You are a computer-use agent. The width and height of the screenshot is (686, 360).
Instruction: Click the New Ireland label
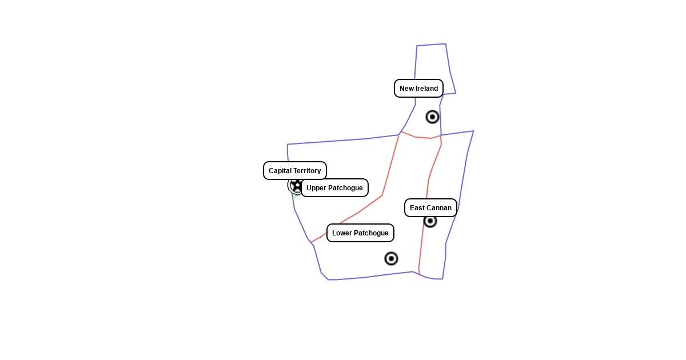(418, 89)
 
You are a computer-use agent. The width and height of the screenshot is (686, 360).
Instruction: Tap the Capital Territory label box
(294, 171)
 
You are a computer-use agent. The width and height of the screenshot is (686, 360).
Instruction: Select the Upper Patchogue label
(334, 188)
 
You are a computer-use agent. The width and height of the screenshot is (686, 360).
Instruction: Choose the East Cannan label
(430, 208)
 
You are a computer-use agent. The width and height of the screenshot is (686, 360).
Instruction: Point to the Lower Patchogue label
(360, 233)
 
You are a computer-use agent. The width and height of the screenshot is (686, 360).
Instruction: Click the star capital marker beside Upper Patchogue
(296, 185)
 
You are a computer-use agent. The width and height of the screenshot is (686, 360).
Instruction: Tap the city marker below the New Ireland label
(432, 117)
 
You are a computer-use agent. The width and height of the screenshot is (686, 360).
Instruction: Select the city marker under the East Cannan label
(430, 221)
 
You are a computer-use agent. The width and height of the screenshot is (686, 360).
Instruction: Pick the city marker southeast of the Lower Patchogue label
(391, 259)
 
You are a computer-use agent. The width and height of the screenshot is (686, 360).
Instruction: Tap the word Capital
(280, 171)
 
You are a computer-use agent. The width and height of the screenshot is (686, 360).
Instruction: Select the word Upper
(316, 188)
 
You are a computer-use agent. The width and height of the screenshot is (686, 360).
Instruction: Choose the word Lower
(342, 233)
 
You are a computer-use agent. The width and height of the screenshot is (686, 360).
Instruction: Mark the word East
(417, 208)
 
